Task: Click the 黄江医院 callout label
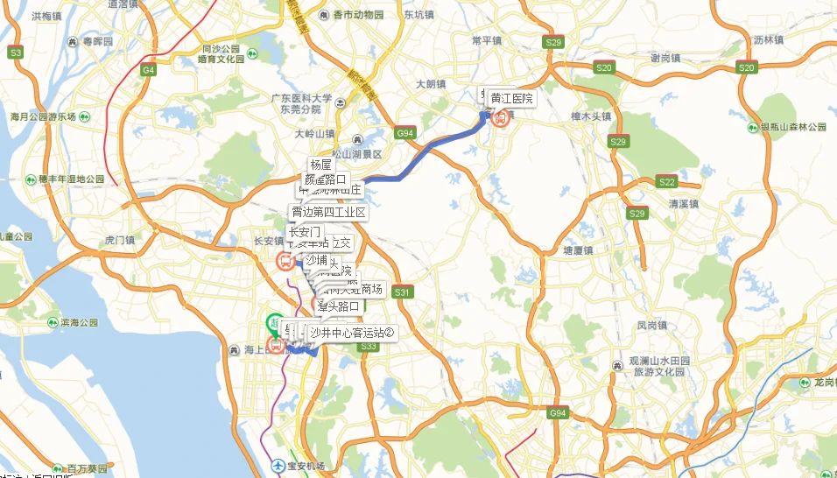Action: click(511, 99)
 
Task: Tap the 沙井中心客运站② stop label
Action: click(353, 333)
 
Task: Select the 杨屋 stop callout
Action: click(320, 165)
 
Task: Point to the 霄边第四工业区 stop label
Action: click(328, 213)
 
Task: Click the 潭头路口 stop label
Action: click(339, 306)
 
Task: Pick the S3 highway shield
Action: click(15, 53)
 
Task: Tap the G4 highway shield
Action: click(148, 69)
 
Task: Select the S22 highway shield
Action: click(666, 182)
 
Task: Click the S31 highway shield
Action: click(402, 292)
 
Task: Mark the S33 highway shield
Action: click(368, 347)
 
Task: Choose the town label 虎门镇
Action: click(119, 239)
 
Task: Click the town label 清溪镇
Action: click(684, 204)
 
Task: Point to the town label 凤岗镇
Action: click(652, 325)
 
